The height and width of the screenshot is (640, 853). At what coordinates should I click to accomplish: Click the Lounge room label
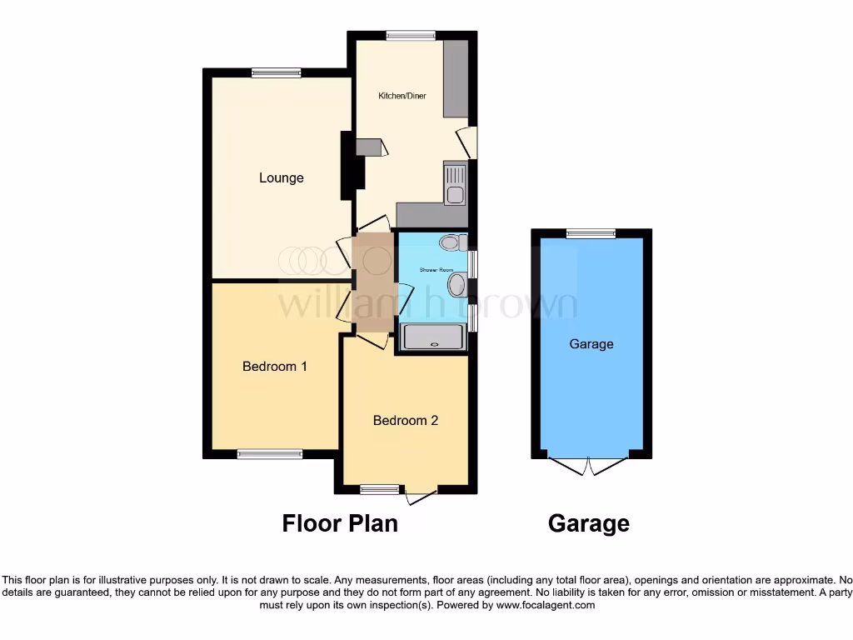[x=281, y=177]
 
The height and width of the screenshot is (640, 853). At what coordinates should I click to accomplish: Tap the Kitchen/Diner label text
[x=402, y=97]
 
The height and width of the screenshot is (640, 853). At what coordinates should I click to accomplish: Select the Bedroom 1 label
[x=275, y=366]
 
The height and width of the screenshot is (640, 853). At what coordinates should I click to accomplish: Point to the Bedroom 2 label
[x=405, y=420]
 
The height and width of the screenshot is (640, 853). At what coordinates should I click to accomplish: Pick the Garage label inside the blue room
[x=591, y=343]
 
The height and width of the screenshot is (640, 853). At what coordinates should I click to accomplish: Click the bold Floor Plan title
[x=340, y=523]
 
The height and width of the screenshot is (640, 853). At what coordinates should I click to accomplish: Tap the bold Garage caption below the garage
[x=588, y=523]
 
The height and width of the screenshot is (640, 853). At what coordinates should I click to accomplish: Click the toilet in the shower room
[x=451, y=242]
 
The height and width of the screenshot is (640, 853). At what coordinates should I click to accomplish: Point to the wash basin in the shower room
[x=456, y=286]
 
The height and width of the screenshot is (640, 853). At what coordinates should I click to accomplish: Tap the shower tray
[x=432, y=337]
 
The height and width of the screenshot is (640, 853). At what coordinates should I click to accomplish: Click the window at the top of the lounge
[x=277, y=72]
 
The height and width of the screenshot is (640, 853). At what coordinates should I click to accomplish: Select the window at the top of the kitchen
[x=410, y=35]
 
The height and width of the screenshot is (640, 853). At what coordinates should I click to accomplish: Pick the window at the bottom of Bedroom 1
[x=270, y=454]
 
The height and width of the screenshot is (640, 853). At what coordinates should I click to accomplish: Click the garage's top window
[x=591, y=234]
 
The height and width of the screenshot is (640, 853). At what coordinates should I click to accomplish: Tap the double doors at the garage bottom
[x=591, y=465]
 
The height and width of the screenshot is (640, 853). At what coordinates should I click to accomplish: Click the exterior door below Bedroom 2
[x=422, y=497]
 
